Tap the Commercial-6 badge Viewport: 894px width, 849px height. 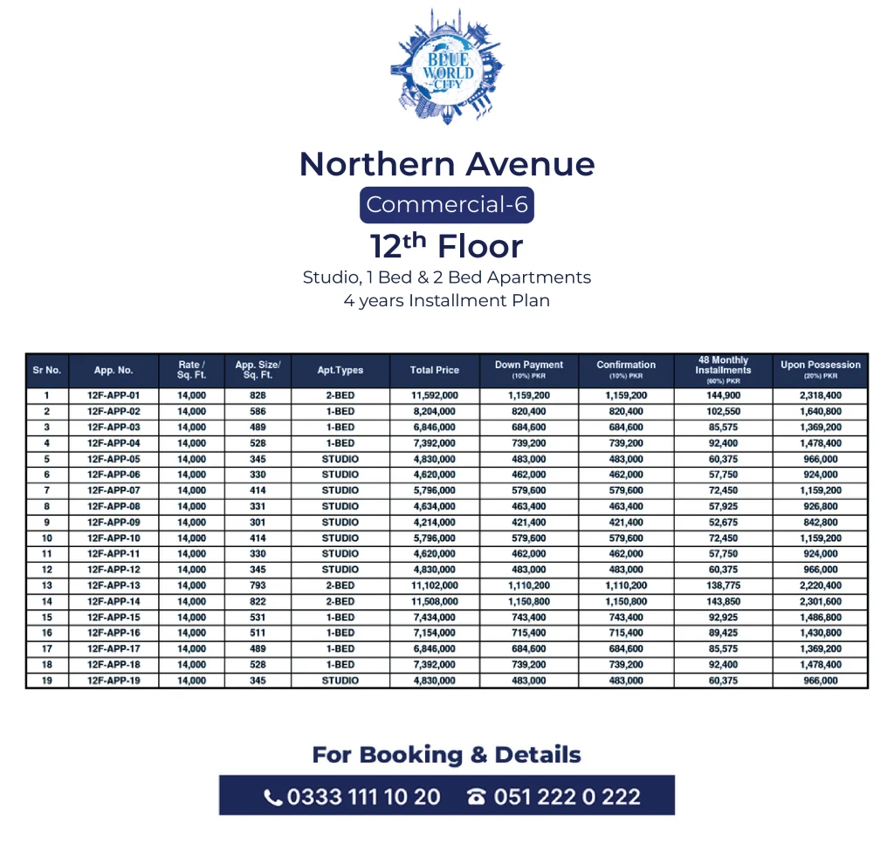446,205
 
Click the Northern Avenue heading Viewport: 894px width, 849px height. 446,164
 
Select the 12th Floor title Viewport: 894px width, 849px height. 446,246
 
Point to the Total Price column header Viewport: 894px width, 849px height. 434,370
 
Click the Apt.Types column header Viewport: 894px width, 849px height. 340,370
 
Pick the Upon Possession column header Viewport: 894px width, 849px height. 820,369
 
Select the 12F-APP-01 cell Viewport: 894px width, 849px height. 113,395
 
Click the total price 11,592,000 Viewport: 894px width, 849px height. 434,395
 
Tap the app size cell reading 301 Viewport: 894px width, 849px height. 257,522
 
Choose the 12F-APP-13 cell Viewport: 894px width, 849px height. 113,585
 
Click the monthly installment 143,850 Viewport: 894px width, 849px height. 723,601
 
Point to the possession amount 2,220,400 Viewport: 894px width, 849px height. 820,585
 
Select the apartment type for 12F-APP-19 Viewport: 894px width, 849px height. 340,680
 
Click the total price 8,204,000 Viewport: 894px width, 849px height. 434,411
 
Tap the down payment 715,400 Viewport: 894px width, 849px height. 528,633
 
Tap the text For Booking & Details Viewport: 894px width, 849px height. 446,755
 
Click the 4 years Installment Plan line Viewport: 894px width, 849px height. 446,301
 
